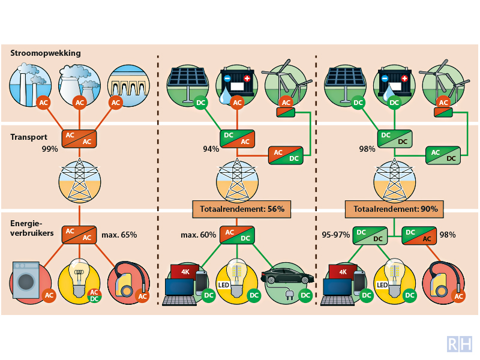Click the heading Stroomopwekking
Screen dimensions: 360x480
[46, 53]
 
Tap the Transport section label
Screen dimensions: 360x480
[29, 137]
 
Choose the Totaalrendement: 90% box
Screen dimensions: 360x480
[396, 209]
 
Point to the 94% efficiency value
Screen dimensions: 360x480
[210, 149]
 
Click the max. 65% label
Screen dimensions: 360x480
[119, 234]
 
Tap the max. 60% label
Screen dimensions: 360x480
[198, 234]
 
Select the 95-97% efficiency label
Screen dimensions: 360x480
[335, 234]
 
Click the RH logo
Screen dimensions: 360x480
[460, 344]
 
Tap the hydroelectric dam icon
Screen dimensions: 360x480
[126, 87]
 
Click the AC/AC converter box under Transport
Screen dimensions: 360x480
[79, 137]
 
